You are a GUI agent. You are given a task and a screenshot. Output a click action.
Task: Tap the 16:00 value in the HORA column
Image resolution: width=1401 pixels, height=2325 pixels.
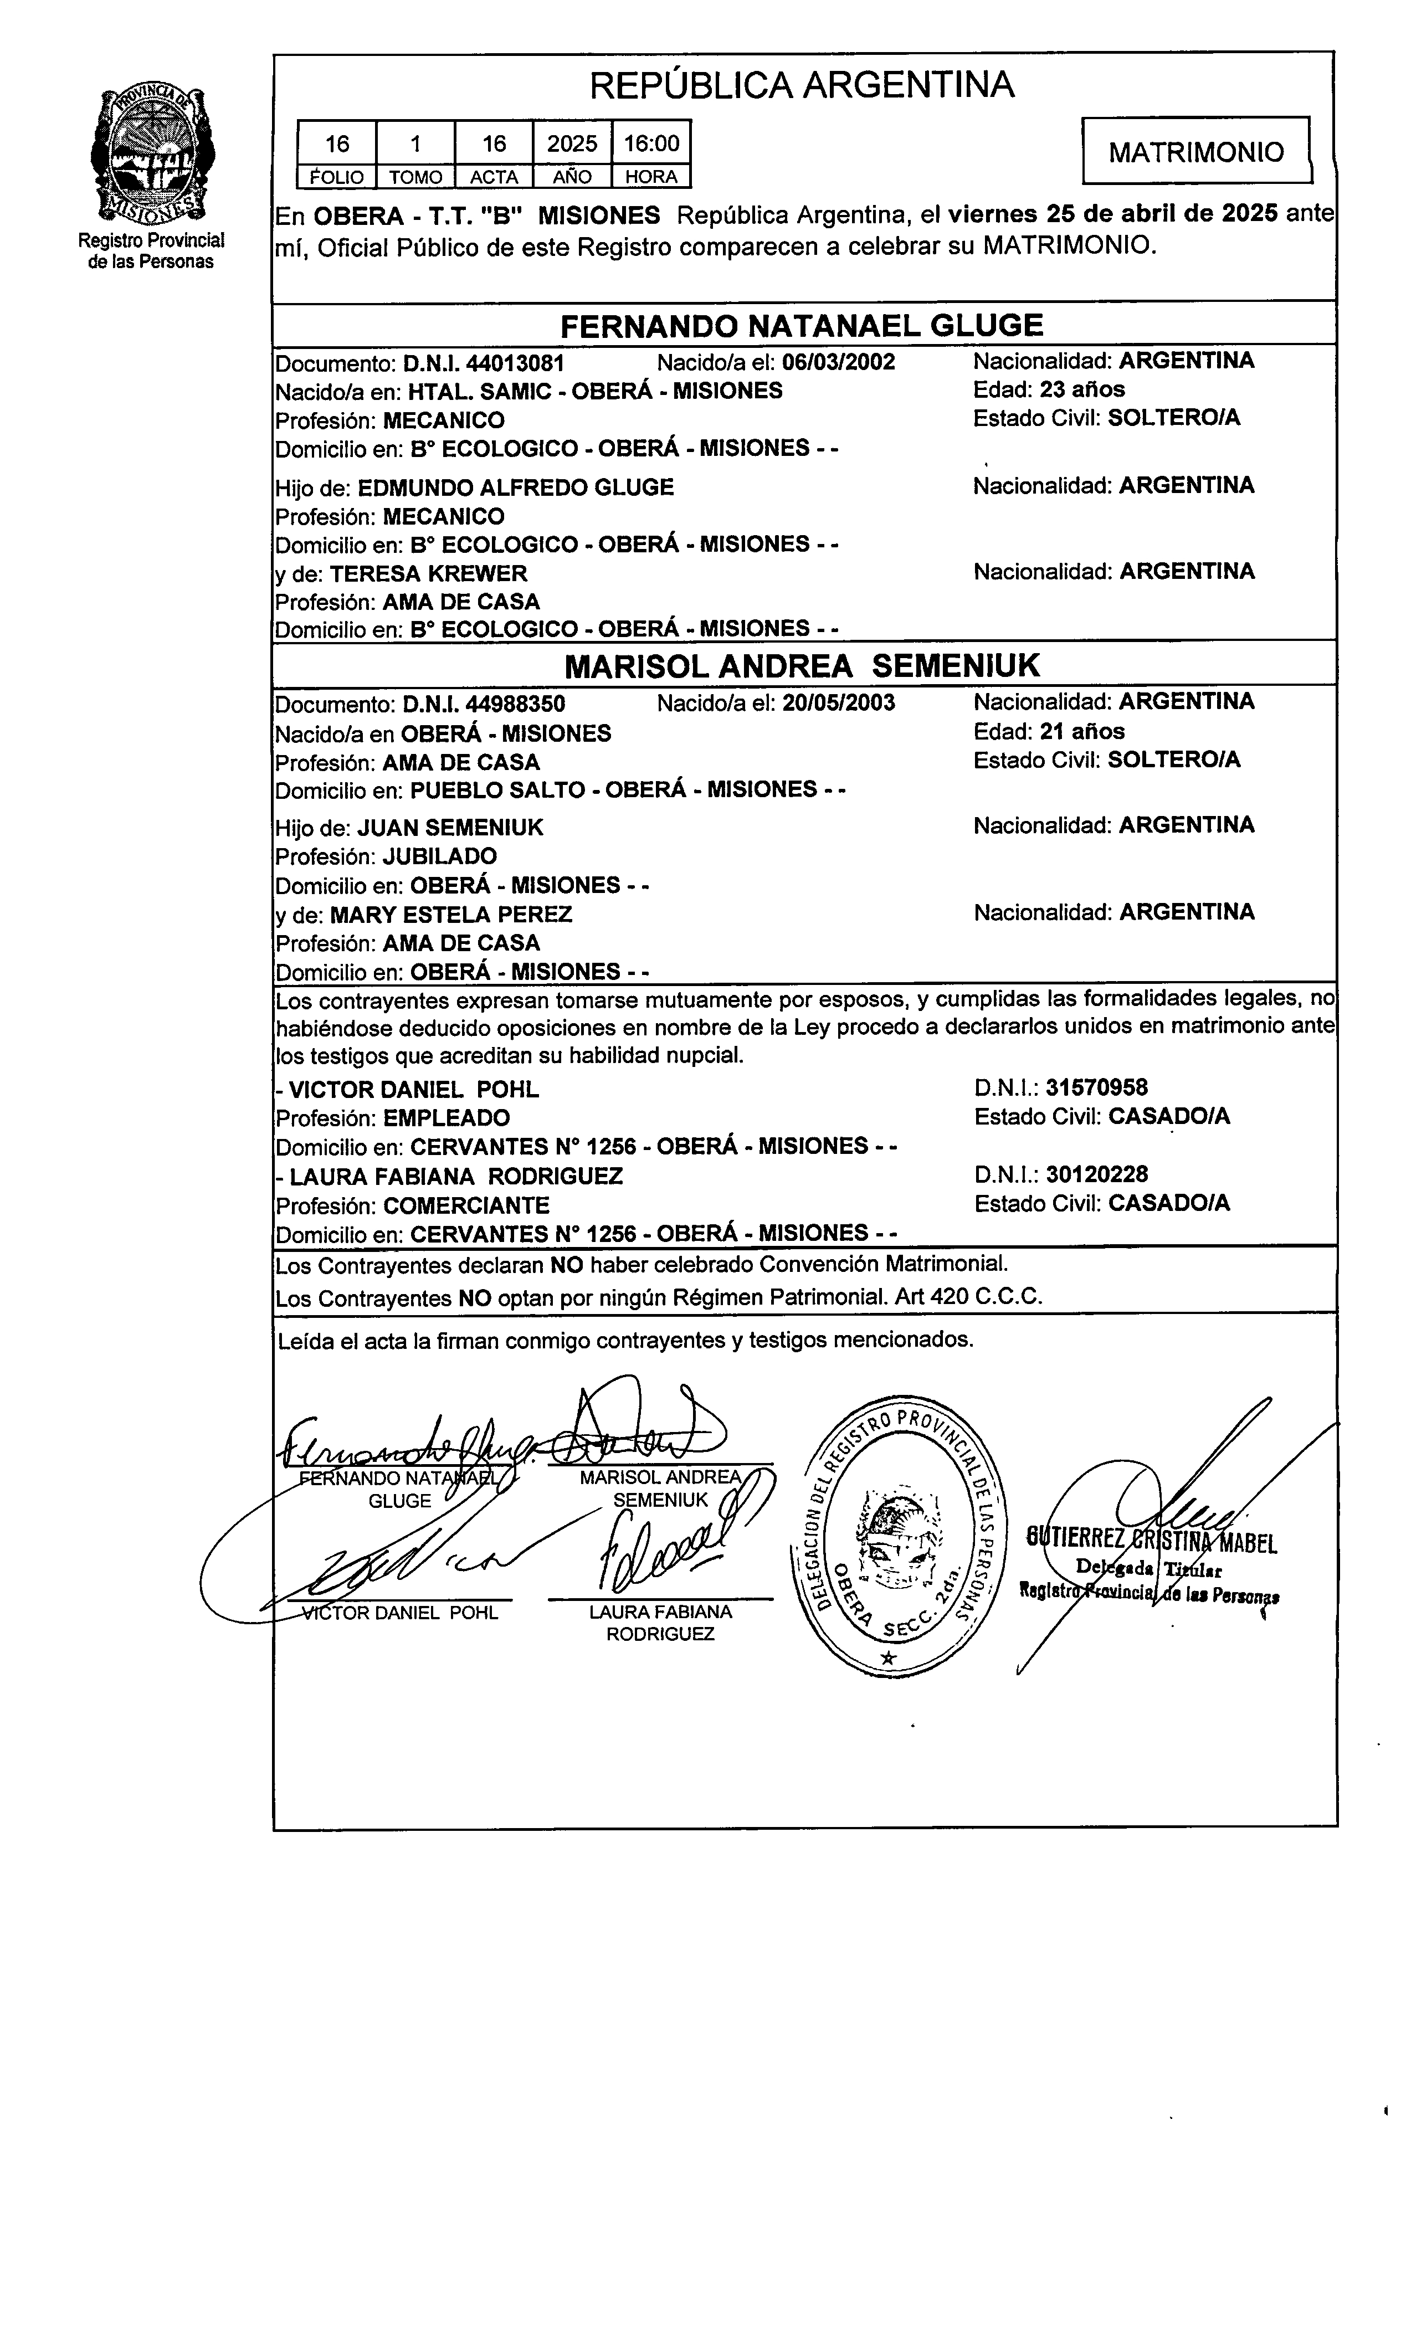coord(651,143)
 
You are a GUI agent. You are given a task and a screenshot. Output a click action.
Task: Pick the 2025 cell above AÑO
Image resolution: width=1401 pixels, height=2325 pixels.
coord(572,143)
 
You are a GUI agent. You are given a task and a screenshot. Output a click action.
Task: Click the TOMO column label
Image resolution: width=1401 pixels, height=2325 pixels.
coord(415,177)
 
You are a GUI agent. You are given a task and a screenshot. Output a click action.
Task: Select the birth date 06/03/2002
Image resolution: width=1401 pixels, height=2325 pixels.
coord(838,362)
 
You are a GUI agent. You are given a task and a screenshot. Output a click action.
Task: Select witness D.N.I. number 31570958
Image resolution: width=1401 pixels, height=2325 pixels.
coord(1096,1088)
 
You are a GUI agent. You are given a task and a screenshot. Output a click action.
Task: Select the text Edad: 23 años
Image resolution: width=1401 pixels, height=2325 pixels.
coord(1049,389)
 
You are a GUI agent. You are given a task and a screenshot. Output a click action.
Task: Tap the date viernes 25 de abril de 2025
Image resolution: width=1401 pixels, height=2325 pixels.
coord(1113,214)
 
